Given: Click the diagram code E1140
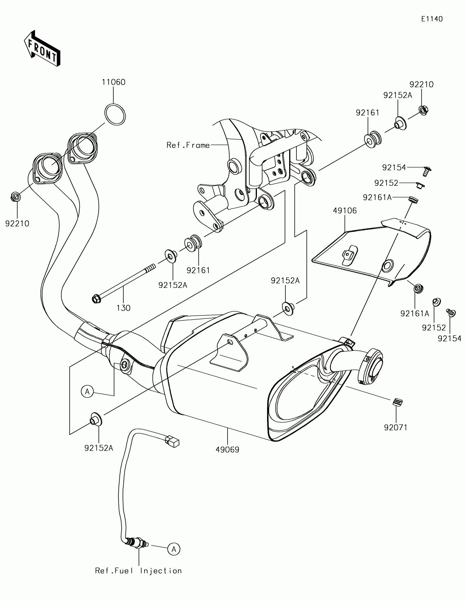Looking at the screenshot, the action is pos(432,19).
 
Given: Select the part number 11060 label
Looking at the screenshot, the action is pos(113,82).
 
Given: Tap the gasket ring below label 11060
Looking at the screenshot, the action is pos(115,115).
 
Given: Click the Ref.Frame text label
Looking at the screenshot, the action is pos(188,145).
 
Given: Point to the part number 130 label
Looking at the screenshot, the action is pos(124,308).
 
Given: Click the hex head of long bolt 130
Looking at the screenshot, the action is pos(96,299).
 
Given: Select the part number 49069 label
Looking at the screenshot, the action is pos(227,450).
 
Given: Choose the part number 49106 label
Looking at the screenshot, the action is pos(345,211).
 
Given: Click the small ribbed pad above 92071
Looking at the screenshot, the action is pos(397,402).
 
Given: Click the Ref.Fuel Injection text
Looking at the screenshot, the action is pos(139,571).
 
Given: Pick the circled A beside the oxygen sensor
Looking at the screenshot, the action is pos(174,549).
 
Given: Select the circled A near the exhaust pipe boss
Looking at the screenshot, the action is pos(87,392).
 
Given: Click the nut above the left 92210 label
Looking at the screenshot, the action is pos(15,197).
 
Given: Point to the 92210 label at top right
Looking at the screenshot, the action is pos(421,85).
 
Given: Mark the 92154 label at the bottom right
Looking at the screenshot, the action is pos(450,338).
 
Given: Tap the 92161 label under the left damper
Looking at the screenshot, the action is pos(198,270).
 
